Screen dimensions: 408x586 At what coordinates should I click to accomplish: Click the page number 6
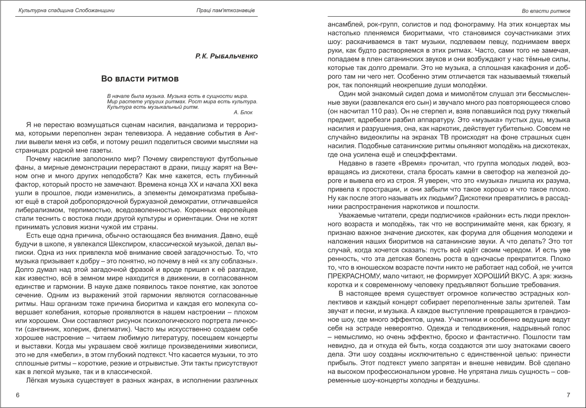point(18,395)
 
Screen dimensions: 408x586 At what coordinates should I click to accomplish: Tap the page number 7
point(568,395)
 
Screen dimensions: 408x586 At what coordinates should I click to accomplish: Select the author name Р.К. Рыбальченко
point(226,56)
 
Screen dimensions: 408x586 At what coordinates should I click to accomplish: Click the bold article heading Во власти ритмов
point(140,79)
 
